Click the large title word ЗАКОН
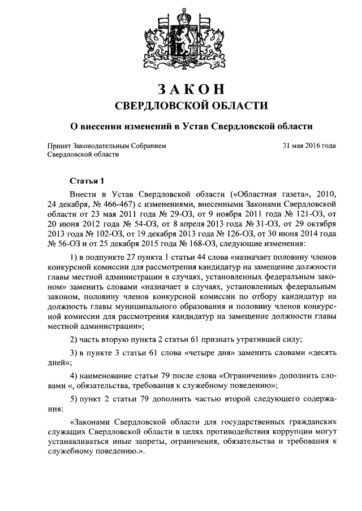click(x=182, y=89)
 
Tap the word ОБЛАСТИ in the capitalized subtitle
click(x=231, y=106)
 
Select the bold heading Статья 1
click(x=87, y=181)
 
